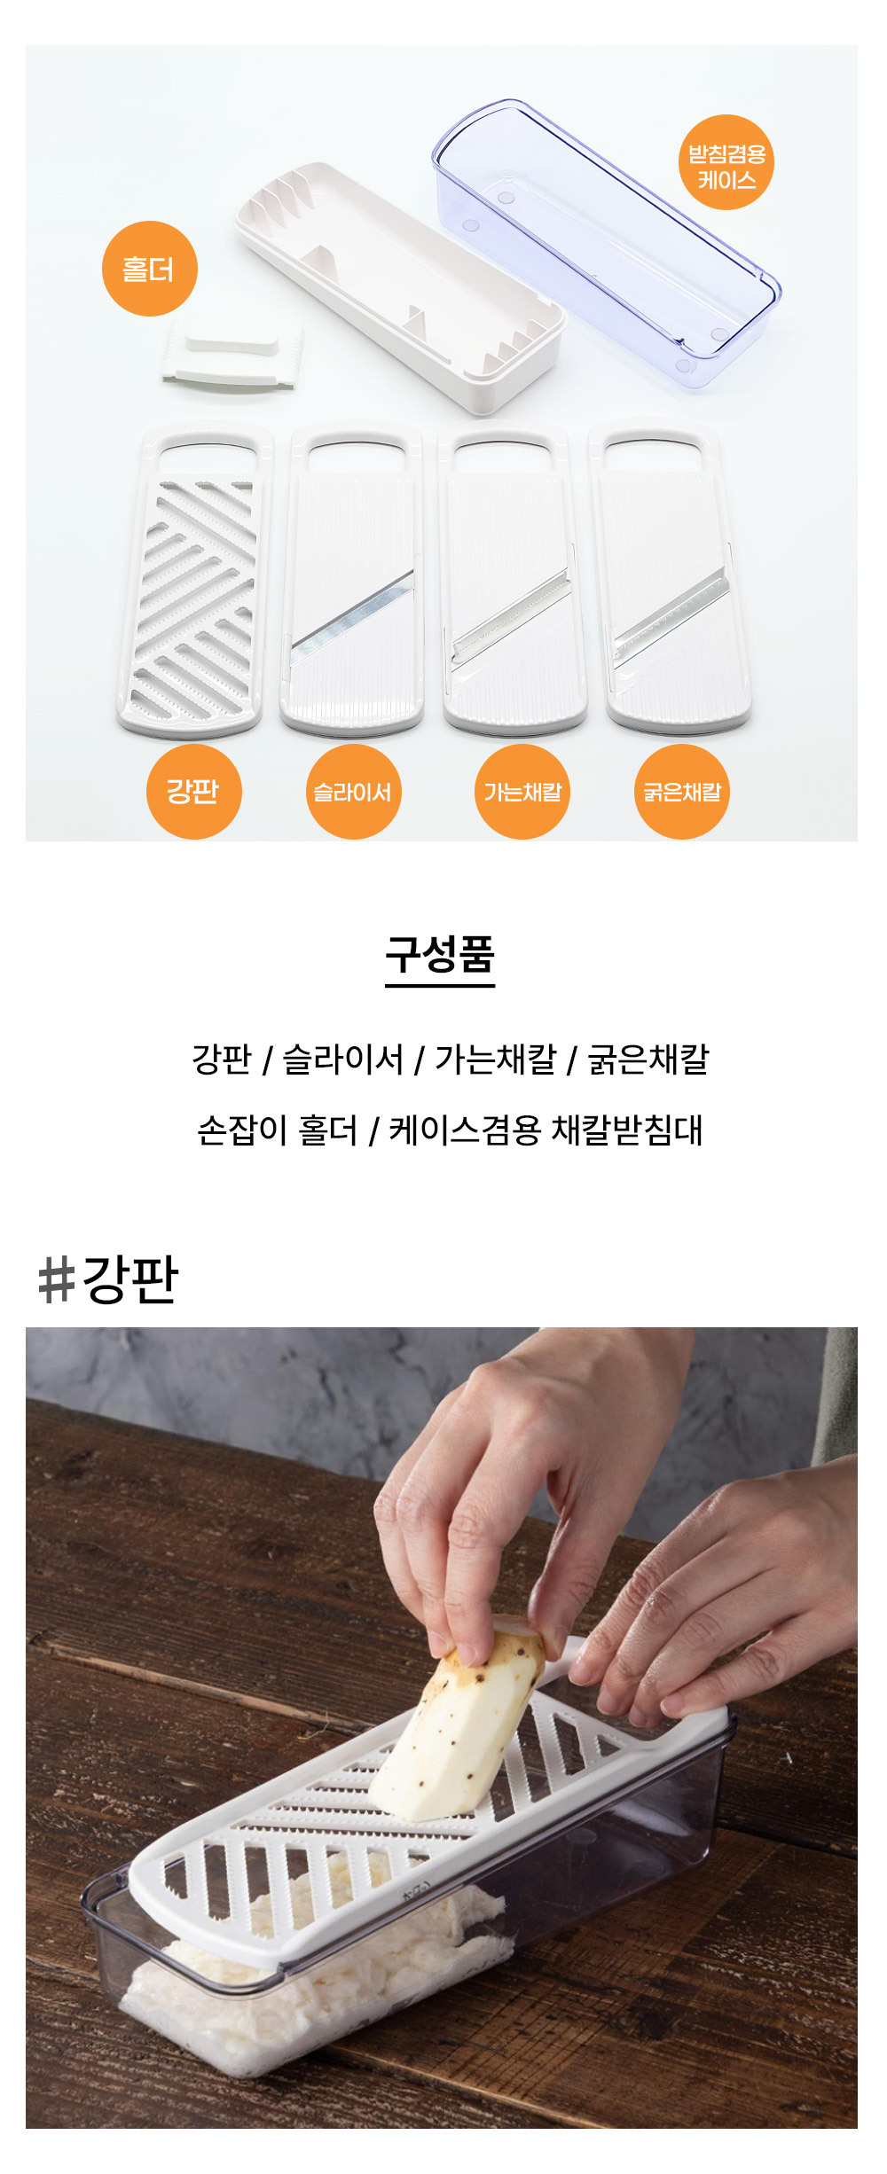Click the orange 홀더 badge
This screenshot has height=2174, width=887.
coord(149,269)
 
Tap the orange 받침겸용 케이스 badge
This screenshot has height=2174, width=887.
coord(726,163)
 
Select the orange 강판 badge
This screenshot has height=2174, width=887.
coord(193,792)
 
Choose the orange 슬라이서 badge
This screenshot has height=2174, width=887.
coord(353,792)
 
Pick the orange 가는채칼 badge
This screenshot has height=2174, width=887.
coord(522,792)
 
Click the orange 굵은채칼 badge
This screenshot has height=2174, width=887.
coord(682,792)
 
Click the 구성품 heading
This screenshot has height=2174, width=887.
coord(440,956)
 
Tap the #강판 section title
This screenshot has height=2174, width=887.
coord(108,1279)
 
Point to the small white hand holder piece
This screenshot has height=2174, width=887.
coord(233,356)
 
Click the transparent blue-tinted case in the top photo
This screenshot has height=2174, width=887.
coord(607,241)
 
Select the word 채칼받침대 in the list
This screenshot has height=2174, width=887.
coord(627,1130)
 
